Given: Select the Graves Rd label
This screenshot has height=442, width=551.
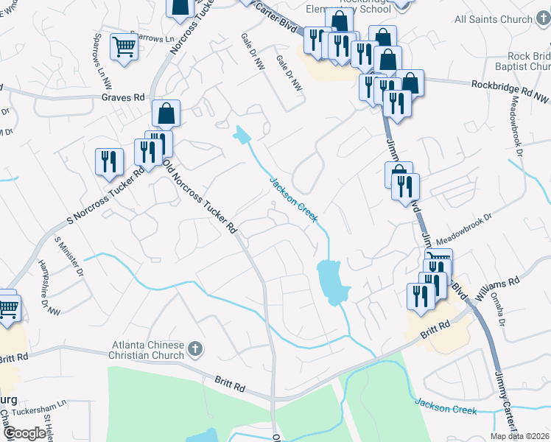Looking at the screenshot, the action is pyautogui.click(x=123, y=97).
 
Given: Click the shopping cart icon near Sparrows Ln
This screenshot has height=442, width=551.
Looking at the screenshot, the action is pyautogui.click(x=124, y=47).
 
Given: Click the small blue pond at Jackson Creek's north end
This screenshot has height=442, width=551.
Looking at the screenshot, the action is pyautogui.click(x=241, y=135).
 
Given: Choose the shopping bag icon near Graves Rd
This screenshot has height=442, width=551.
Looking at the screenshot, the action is pyautogui.click(x=167, y=113).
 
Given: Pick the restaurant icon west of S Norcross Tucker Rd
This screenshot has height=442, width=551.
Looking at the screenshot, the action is pyautogui.click(x=109, y=161).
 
